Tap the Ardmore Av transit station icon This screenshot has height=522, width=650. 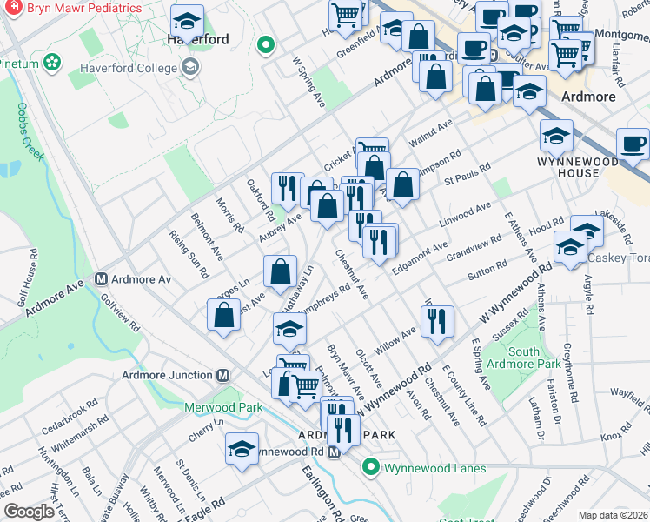tap(101, 279)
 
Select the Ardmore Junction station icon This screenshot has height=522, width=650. tap(222, 375)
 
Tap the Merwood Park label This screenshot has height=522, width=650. tap(223, 406)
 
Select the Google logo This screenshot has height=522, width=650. tap(29, 512)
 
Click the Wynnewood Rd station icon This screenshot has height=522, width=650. tap(333, 452)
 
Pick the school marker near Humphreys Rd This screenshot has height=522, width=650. tap(289, 329)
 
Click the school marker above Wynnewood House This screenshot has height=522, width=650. tap(556, 134)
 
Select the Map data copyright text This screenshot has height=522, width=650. tap(613, 515)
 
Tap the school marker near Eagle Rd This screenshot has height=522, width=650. tap(241, 448)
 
